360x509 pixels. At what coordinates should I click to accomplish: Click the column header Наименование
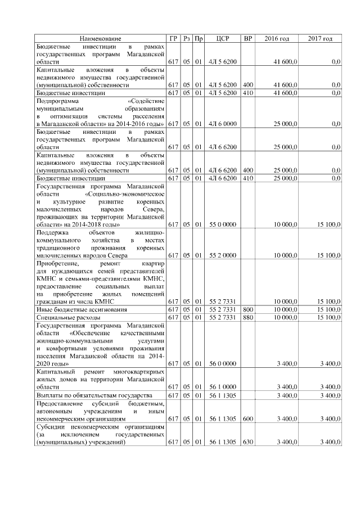click(x=100, y=38)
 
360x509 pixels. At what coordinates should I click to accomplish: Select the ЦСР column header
click(x=222, y=38)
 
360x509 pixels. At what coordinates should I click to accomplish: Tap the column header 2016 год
click(x=277, y=38)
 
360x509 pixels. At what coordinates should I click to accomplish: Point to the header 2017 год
click(x=321, y=38)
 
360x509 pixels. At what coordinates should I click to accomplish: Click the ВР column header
click(x=247, y=38)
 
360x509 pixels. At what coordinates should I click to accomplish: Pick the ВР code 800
click(x=247, y=309)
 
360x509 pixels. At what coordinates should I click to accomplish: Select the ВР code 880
click(x=247, y=318)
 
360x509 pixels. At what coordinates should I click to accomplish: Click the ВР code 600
click(x=247, y=419)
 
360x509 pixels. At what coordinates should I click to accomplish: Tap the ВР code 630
click(x=247, y=443)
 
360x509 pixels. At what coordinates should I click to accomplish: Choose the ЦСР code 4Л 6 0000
click(x=222, y=123)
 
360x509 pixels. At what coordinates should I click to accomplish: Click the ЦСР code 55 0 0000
click(x=222, y=224)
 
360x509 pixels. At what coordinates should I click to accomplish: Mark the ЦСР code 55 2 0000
click(x=222, y=255)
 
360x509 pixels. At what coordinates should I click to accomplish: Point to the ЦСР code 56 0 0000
click(x=222, y=364)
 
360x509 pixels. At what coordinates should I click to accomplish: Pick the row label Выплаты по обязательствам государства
click(x=93, y=395)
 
